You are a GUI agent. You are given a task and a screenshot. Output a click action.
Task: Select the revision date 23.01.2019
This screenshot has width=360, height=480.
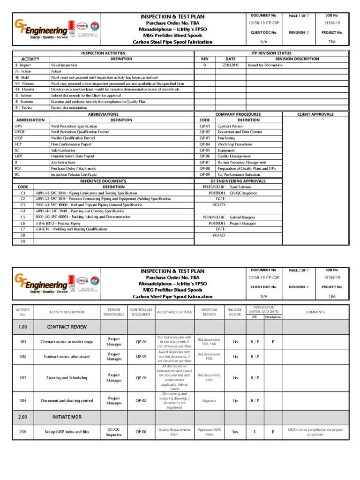(230, 65)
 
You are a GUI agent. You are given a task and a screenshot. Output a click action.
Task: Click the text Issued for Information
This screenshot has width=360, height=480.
(266, 65)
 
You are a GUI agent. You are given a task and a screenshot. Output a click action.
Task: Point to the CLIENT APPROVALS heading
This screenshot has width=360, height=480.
(315, 114)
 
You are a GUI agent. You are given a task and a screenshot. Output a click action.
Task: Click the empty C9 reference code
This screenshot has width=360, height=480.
(22, 241)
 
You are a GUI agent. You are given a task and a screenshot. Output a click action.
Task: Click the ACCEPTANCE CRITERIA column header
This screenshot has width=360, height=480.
(174, 312)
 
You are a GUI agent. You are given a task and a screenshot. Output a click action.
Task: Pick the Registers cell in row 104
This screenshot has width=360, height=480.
(209, 401)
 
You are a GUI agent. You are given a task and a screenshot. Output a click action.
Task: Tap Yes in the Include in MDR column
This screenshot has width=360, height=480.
(235, 432)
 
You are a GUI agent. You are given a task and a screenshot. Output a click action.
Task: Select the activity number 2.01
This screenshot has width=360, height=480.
(22, 432)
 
